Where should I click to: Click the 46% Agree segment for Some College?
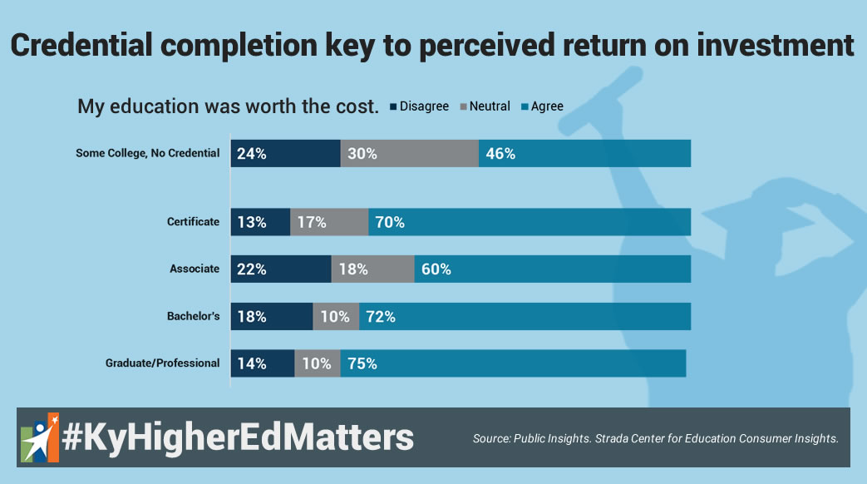tap(584, 154)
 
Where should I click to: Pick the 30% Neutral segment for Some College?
tap(409, 154)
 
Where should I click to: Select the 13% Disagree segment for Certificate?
tap(260, 222)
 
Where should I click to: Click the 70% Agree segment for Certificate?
tap(530, 222)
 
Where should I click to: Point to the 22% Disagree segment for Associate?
tap(281, 269)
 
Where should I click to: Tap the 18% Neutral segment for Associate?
tap(372, 269)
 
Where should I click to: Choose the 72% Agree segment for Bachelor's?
tap(525, 317)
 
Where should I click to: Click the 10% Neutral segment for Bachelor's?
tap(336, 317)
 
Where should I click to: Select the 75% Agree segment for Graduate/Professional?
tap(513, 363)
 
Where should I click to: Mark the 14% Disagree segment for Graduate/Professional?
tap(263, 363)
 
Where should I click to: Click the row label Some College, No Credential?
tap(147, 153)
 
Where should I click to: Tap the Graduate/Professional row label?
tap(162, 363)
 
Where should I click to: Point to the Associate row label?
tap(195, 269)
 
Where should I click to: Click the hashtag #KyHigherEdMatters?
tap(238, 437)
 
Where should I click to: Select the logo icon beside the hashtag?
tap(39, 437)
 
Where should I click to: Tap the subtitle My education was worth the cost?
tap(228, 106)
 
